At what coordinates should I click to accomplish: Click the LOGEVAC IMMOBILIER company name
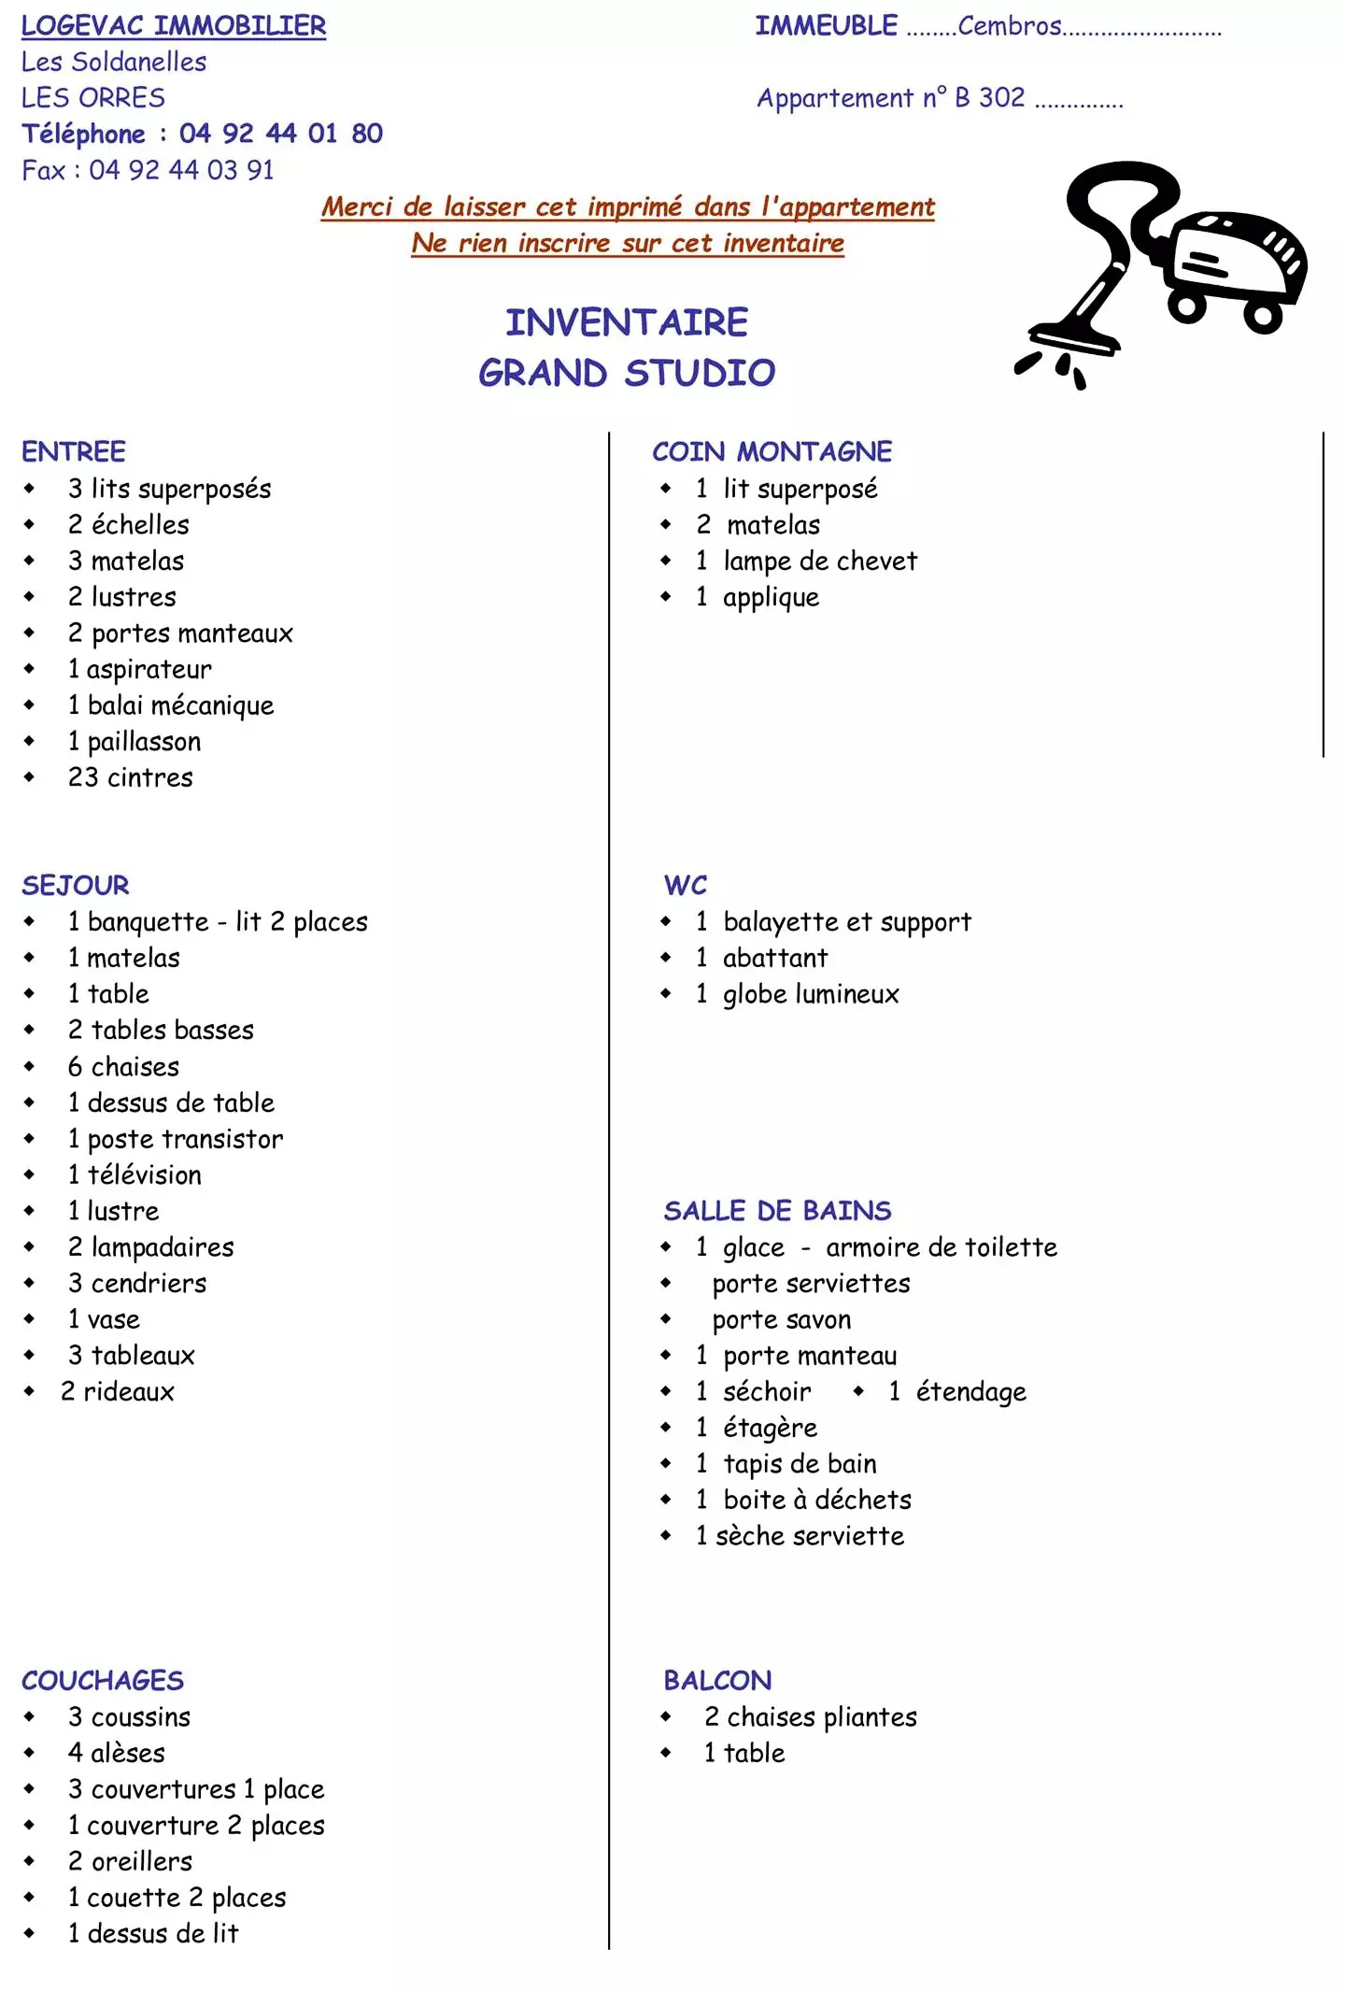[x=174, y=26]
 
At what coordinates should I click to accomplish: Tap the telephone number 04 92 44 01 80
[x=280, y=134]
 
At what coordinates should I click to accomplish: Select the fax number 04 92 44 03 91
[x=181, y=170]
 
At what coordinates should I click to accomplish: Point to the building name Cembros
[x=1009, y=26]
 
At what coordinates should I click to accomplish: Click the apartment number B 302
[x=989, y=98]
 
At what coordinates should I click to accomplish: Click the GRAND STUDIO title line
[x=627, y=373]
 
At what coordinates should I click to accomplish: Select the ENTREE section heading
[x=74, y=451]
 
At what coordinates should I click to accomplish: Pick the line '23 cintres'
[x=130, y=777]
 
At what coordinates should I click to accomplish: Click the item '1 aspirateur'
[x=139, y=669]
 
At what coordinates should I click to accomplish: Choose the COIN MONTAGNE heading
[x=772, y=451]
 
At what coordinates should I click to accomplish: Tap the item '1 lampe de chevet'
[x=806, y=561]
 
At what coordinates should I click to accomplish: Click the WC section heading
[x=686, y=885]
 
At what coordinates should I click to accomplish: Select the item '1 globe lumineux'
[x=797, y=994]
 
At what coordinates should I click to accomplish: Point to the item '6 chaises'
[x=123, y=1066]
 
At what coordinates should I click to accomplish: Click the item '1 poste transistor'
[x=175, y=1139]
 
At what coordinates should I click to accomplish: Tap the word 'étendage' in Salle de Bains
[x=970, y=1392]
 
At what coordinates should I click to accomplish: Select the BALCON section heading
[x=717, y=1681]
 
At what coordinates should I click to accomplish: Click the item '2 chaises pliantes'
[x=811, y=1717]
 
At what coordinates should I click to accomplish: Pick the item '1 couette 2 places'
[x=177, y=1898]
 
